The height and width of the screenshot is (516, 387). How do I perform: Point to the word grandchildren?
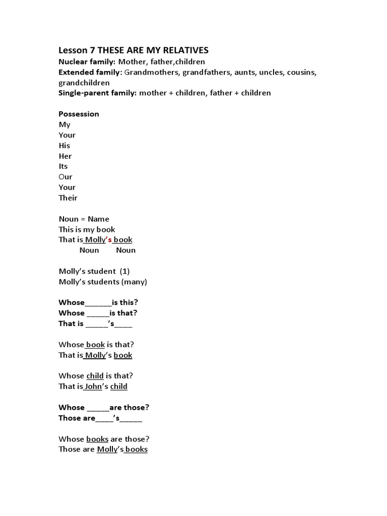tap(84, 83)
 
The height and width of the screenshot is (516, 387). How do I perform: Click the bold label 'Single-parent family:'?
tap(98, 93)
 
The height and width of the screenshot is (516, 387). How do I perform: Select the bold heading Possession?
tap(79, 114)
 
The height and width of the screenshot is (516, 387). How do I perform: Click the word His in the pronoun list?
tap(64, 145)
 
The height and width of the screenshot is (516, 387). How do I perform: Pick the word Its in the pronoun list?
tap(63, 166)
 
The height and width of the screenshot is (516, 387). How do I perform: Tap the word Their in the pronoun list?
tap(68, 198)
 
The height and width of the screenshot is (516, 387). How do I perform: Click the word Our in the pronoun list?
tap(66, 177)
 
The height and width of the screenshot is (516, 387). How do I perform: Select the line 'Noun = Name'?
tap(84, 219)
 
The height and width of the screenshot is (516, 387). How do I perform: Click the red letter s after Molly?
tap(109, 240)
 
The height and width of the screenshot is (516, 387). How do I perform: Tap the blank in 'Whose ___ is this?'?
tap(98, 303)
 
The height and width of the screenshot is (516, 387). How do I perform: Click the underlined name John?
tap(94, 386)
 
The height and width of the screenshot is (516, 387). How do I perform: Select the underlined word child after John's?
tap(119, 386)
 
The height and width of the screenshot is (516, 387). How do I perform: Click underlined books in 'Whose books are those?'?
tap(97, 439)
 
